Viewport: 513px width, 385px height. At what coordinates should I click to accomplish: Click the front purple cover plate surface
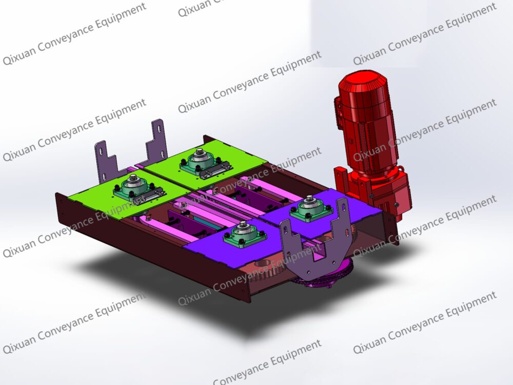[x=205, y=246]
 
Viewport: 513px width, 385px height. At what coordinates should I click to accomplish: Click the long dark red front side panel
[x=154, y=246]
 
